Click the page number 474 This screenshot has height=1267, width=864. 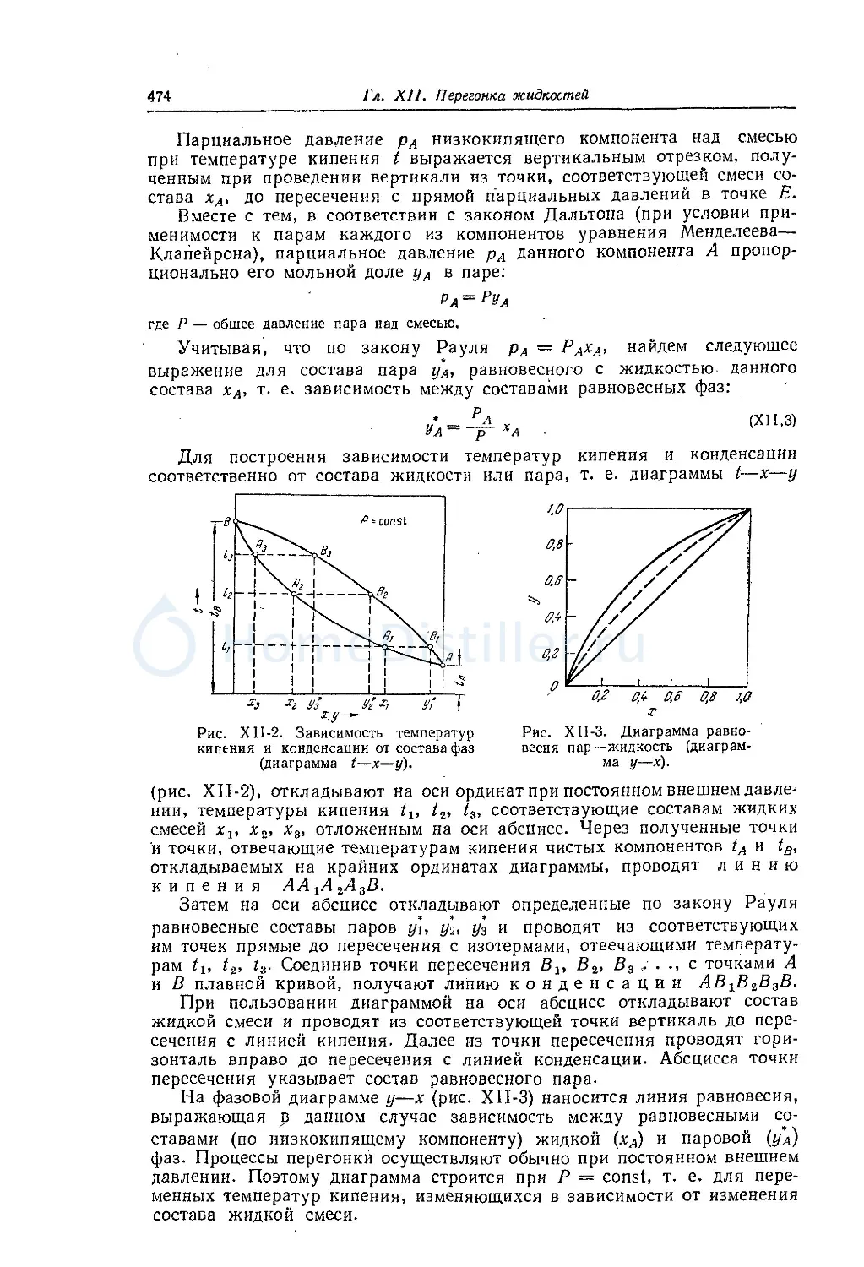[x=160, y=96]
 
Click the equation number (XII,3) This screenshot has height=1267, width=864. [x=774, y=421]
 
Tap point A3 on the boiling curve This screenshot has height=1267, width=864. [x=257, y=553]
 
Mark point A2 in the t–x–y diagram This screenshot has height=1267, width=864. [x=294, y=594]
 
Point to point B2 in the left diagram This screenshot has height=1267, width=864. [x=371, y=594]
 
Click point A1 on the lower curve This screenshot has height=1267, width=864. [x=385, y=646]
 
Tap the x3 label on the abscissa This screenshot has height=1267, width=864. [x=253, y=703]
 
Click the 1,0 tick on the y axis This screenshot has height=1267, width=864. [x=555, y=509]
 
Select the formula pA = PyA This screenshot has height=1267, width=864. [x=474, y=298]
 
